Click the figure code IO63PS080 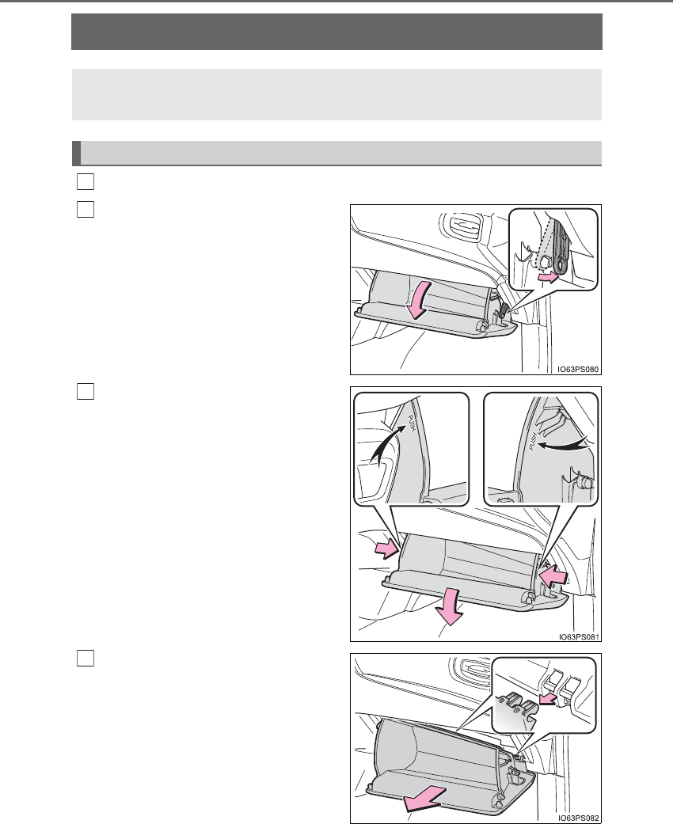(578, 370)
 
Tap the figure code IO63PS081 (578, 637)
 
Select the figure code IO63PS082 (578, 818)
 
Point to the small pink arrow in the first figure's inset (547, 278)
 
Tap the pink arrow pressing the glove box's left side (386, 549)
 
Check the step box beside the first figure (86, 209)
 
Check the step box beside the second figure (86, 392)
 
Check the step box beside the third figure (86, 658)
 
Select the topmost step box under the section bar (86, 181)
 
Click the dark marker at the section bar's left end (76, 153)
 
